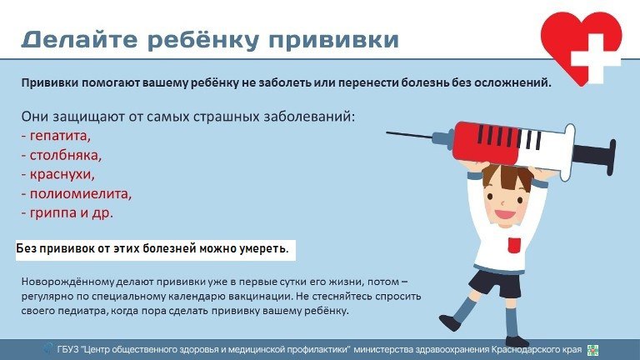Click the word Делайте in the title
coord(80,40)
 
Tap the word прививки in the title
coord(333,41)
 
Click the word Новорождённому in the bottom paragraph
coord(67,282)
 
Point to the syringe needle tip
coord(387,132)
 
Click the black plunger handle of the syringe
coord(597,155)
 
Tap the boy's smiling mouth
coord(504,215)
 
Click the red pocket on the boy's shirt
coord(514,244)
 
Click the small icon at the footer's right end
coord(592,350)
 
